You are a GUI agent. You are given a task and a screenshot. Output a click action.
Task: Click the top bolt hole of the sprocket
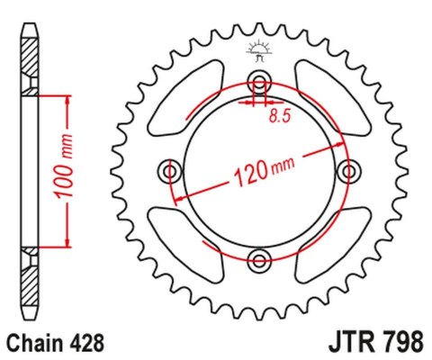261,78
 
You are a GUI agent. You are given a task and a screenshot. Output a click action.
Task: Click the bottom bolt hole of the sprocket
261,261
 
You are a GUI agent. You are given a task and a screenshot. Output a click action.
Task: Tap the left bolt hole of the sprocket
169,170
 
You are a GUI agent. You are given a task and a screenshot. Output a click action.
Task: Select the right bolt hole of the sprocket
351,170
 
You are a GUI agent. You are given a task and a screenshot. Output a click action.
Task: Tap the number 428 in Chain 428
86,343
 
